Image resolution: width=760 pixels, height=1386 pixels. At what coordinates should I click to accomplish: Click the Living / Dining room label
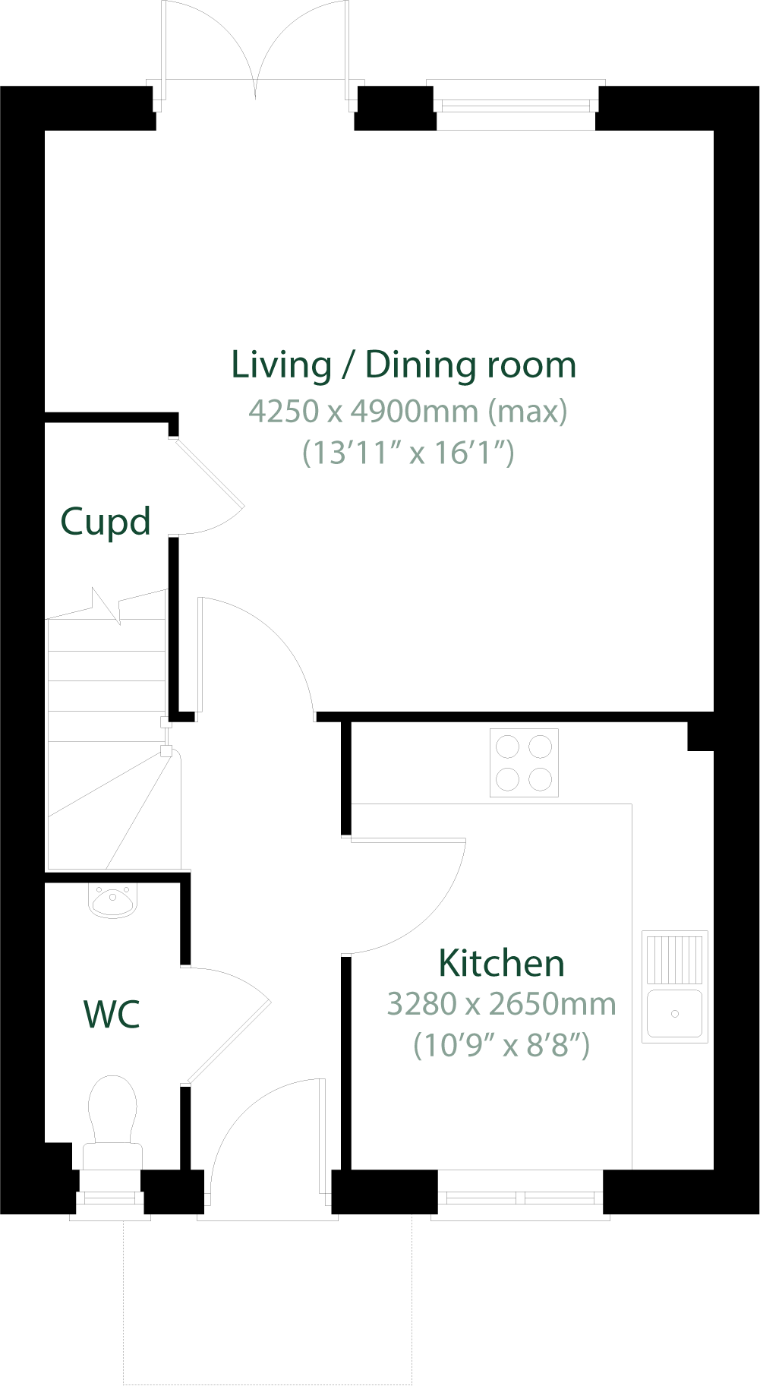coord(403,365)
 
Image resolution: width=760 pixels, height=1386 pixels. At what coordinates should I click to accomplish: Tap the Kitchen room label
coord(501,963)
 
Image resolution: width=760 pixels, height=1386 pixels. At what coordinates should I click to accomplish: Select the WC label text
coord(112,1015)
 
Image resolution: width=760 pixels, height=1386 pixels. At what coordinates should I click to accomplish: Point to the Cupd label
coord(106,522)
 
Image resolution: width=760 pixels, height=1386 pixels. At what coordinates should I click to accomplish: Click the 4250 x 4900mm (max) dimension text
coord(408,411)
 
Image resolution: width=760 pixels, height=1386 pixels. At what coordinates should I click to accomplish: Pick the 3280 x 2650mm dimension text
coord(501,1004)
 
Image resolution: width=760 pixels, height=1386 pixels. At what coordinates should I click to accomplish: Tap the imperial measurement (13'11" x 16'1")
coord(408,453)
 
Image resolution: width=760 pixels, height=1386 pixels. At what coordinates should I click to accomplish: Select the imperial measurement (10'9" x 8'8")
coord(501,1045)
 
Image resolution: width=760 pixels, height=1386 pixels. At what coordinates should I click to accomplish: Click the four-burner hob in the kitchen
coord(524,762)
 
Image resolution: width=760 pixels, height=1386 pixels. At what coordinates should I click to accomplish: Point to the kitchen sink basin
coord(674,1013)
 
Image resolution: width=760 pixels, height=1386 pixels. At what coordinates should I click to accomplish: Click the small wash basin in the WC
coord(112,900)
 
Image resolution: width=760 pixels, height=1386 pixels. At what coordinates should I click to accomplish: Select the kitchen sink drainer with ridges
coord(674,960)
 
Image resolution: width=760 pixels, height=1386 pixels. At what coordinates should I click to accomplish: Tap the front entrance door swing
coord(266,1139)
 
